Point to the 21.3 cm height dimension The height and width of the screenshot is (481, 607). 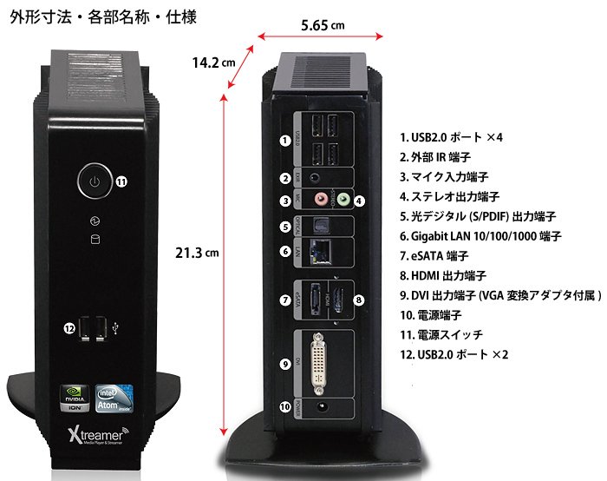(195, 253)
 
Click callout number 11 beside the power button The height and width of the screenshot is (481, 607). (121, 182)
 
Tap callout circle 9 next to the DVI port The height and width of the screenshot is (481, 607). (284, 364)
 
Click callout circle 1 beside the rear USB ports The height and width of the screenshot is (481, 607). (284, 140)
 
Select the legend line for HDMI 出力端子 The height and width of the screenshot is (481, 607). (451, 275)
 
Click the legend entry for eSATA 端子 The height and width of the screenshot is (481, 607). (434, 255)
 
